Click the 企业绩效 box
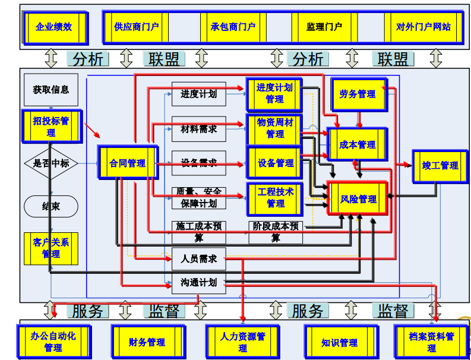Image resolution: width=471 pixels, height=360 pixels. (x=53, y=27)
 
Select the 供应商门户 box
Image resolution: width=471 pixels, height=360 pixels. (x=136, y=27)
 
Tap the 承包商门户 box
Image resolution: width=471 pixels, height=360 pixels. (x=233, y=27)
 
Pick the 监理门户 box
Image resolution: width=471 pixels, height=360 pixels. (x=324, y=27)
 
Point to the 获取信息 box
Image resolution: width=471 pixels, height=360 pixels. (x=51, y=90)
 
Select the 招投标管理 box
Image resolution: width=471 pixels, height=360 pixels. (x=51, y=126)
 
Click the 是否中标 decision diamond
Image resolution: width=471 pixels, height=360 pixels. (x=51, y=163)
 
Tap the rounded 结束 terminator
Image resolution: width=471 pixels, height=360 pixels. (x=51, y=206)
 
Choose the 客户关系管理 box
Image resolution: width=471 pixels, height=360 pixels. (x=51, y=248)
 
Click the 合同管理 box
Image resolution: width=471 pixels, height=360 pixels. (x=127, y=163)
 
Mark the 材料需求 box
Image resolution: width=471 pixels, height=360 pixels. (x=198, y=129)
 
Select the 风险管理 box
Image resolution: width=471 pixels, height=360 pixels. (x=359, y=199)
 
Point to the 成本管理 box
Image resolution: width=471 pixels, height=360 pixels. (x=358, y=144)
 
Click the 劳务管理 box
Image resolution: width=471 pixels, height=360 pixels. (x=358, y=94)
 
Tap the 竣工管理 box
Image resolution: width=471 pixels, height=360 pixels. (x=440, y=165)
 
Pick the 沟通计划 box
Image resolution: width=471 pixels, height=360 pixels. (x=198, y=283)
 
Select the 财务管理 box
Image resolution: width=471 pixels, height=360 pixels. (x=147, y=342)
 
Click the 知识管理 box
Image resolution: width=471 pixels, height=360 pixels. (x=340, y=342)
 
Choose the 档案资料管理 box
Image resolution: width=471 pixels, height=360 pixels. (x=432, y=342)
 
